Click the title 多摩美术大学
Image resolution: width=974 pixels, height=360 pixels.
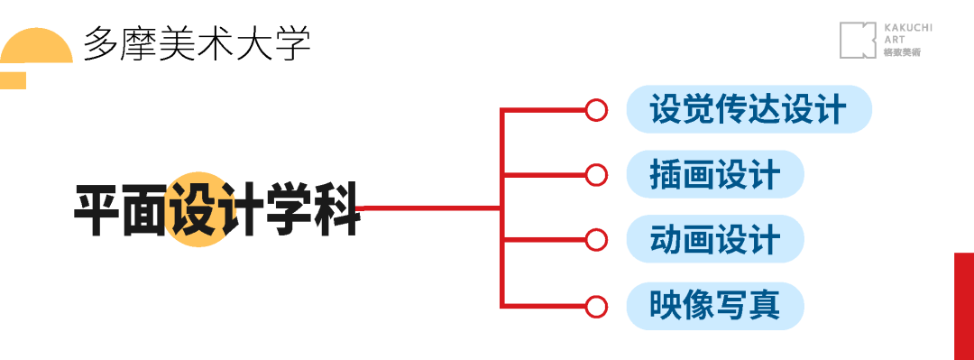point(197,43)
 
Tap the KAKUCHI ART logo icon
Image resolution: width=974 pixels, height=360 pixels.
point(857,41)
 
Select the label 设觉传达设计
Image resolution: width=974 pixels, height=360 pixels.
point(749,110)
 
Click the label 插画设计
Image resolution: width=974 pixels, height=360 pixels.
point(714,175)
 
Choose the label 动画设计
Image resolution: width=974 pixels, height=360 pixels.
point(714,240)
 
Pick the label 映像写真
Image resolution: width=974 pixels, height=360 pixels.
point(714,306)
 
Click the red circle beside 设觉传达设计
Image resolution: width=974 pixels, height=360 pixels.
point(595,110)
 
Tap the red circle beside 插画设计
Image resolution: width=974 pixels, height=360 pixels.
point(595,175)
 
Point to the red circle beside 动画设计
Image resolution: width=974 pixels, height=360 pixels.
point(595,240)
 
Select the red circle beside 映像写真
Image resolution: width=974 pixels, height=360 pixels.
point(595,306)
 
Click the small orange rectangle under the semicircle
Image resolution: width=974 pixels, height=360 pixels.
point(13,80)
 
